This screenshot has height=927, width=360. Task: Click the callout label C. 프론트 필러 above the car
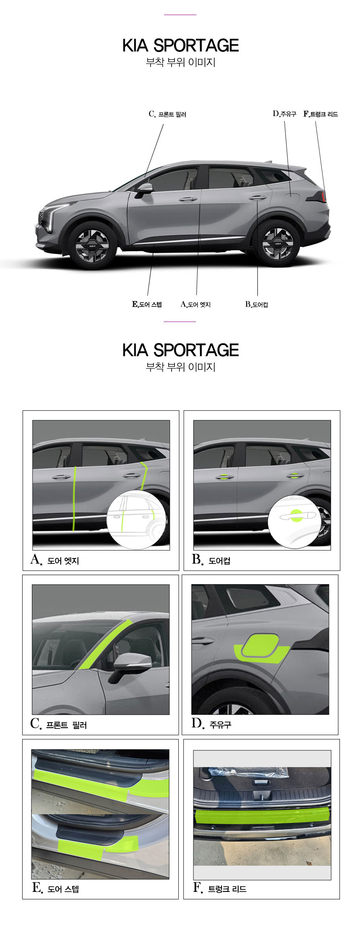167,114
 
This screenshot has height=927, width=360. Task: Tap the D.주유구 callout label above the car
284,114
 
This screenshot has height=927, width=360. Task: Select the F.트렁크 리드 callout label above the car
320,114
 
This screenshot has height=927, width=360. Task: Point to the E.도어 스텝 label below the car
147,304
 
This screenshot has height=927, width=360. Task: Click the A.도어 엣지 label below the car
195,304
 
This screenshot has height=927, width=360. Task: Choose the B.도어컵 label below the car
257,304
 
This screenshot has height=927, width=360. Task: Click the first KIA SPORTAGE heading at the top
180,46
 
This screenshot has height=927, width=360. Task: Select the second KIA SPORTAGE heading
180,350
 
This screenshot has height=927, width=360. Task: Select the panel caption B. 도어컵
211,560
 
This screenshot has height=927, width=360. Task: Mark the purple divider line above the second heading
180,322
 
